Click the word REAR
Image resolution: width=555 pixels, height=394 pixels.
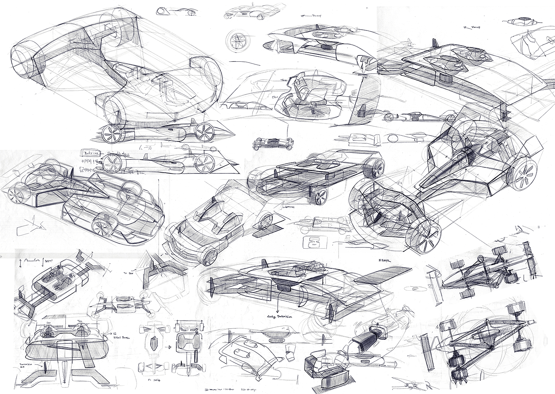tap(384, 261)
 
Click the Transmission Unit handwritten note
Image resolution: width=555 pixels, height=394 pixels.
tap(21, 365)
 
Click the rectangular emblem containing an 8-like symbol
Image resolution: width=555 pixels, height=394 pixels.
tap(311, 243)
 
